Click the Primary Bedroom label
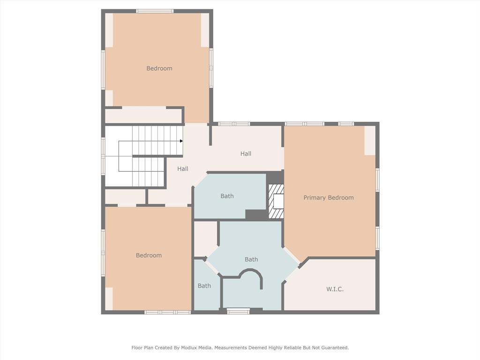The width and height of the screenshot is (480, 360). [x=328, y=197]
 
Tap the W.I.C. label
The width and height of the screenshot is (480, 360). [x=335, y=289]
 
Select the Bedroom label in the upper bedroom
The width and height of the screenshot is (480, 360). [x=159, y=68]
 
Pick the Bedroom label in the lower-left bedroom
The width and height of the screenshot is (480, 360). [x=149, y=255]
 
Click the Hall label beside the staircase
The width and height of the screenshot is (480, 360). [x=182, y=169]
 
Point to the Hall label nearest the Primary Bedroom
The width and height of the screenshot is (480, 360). [x=246, y=154]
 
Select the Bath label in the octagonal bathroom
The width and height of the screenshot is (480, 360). [x=251, y=259]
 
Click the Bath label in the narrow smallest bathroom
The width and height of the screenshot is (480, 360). [x=204, y=286]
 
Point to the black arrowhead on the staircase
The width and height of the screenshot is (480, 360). [x=180, y=141]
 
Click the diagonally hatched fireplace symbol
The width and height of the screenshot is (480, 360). [x=276, y=201]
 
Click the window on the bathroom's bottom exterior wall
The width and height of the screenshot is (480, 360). [x=238, y=310]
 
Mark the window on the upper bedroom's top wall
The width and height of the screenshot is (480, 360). [x=155, y=11]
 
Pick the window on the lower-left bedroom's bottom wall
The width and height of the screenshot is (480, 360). [x=167, y=312]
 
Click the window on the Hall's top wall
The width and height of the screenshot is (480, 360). [x=234, y=124]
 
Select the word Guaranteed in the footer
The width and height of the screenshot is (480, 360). [x=334, y=348]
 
